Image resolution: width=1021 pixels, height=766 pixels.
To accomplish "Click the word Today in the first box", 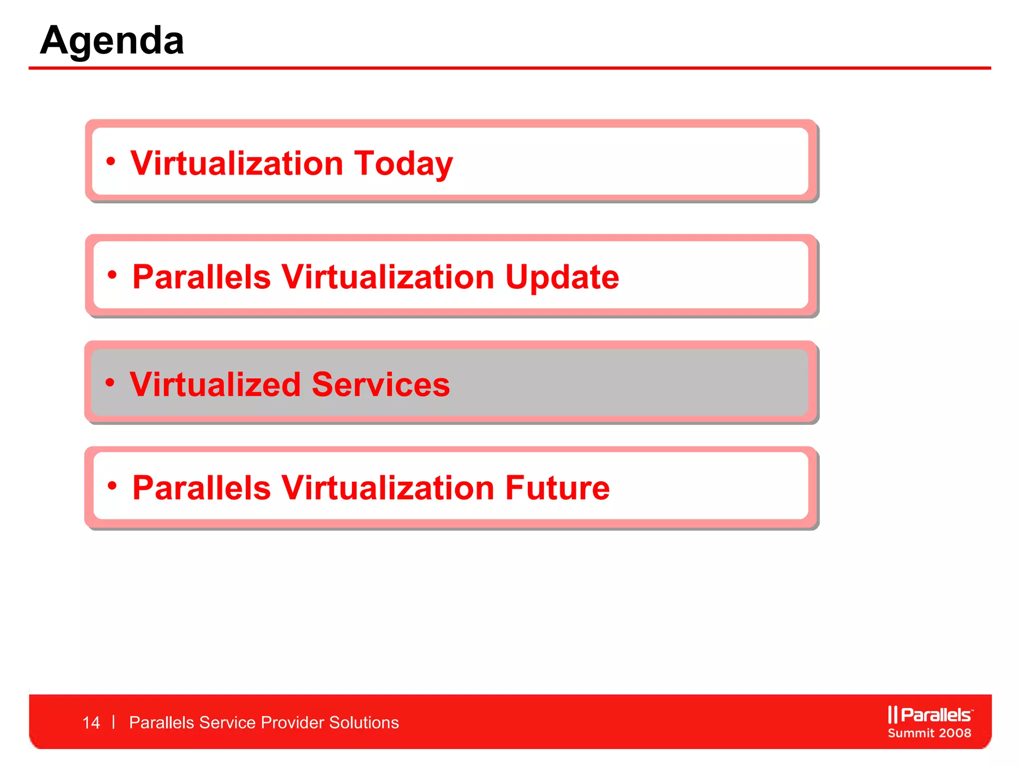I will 403,164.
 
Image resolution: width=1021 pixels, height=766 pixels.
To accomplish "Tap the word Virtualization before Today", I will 237,164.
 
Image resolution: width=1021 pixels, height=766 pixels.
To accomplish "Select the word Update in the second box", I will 562,277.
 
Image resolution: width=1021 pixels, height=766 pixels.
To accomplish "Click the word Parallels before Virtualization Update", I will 201,277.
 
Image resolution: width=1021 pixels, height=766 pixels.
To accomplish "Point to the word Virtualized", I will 215,384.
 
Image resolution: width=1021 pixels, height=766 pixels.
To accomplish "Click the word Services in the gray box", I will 380,384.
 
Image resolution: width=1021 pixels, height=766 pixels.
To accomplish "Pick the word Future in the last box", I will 557,488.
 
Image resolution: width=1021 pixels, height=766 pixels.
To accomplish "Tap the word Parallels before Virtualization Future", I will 201,488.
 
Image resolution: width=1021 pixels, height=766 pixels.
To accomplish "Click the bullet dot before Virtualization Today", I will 111,161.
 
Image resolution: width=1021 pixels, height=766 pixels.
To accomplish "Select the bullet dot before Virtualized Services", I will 110,383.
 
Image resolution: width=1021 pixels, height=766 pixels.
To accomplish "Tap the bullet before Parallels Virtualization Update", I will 112,274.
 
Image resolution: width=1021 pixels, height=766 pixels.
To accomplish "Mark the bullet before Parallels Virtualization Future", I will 112,485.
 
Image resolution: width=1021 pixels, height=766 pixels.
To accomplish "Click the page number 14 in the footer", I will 91,723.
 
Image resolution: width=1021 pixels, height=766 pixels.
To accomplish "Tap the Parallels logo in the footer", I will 930,715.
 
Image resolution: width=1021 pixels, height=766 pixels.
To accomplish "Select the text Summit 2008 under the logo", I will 929,733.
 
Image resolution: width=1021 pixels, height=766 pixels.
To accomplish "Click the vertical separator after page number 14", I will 114,722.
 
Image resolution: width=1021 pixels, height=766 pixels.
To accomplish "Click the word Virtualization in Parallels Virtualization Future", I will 388,488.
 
